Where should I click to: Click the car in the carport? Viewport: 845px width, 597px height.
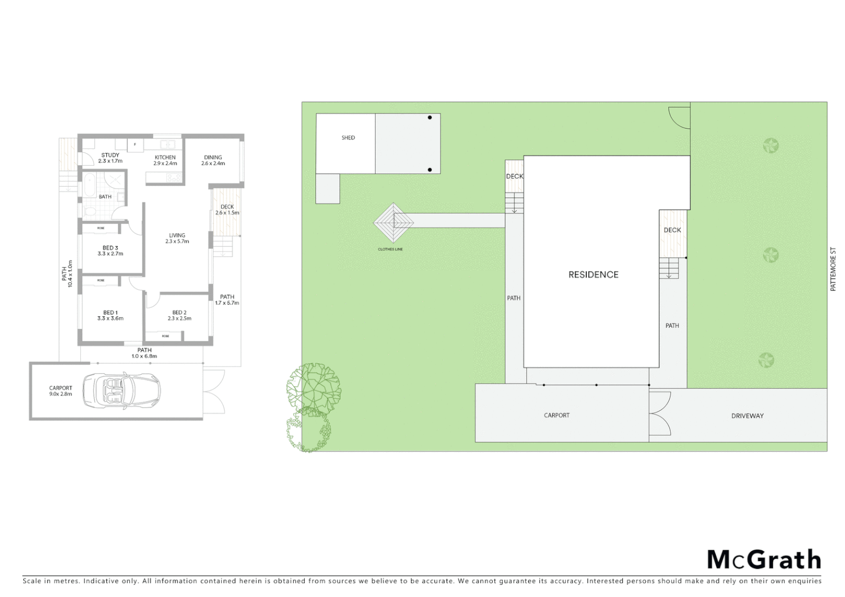(x=121, y=391)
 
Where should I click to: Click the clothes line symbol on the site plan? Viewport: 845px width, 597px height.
(x=393, y=223)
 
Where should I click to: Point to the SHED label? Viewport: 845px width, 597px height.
(x=348, y=138)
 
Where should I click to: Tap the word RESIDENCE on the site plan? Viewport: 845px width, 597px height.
(x=593, y=275)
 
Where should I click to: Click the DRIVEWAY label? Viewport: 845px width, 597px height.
(x=747, y=416)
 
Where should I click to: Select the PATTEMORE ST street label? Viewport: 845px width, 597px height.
(x=833, y=269)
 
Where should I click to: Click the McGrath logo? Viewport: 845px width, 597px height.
(x=764, y=559)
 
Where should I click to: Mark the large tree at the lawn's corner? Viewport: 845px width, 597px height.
(x=314, y=389)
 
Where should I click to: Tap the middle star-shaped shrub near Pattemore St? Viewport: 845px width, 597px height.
(x=770, y=255)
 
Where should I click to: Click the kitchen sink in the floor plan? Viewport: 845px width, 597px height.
(x=168, y=145)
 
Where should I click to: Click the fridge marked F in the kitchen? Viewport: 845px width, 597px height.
(x=135, y=145)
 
